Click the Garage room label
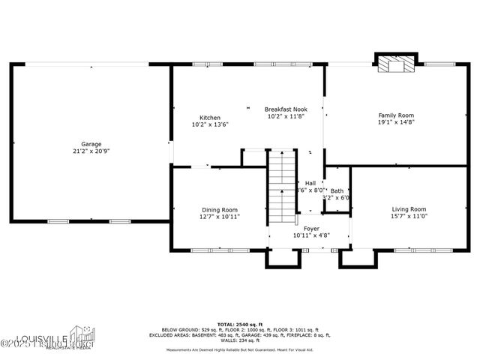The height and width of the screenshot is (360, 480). pyautogui.click(x=91, y=144)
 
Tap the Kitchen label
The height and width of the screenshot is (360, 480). pyautogui.click(x=210, y=118)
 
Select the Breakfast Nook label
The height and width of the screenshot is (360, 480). pyautogui.click(x=286, y=109)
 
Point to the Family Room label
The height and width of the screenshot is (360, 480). pyautogui.click(x=395, y=115)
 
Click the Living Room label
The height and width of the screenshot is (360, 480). pyautogui.click(x=409, y=208)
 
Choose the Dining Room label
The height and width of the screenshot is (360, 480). pyautogui.click(x=220, y=209)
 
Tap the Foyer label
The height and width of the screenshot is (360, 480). pyautogui.click(x=310, y=228)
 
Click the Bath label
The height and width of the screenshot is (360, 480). pyautogui.click(x=337, y=190)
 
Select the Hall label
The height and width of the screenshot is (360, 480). pyautogui.click(x=310, y=183)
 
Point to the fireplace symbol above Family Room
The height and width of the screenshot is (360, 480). pyautogui.click(x=395, y=64)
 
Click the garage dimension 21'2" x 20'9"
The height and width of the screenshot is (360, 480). pyautogui.click(x=91, y=151)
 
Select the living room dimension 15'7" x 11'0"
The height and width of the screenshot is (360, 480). pyautogui.click(x=409, y=216)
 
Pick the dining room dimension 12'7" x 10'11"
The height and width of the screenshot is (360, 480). pyautogui.click(x=220, y=217)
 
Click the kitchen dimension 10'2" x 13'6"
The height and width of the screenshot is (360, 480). pyautogui.click(x=210, y=124)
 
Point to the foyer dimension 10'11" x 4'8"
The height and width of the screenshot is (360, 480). pyautogui.click(x=310, y=235)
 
